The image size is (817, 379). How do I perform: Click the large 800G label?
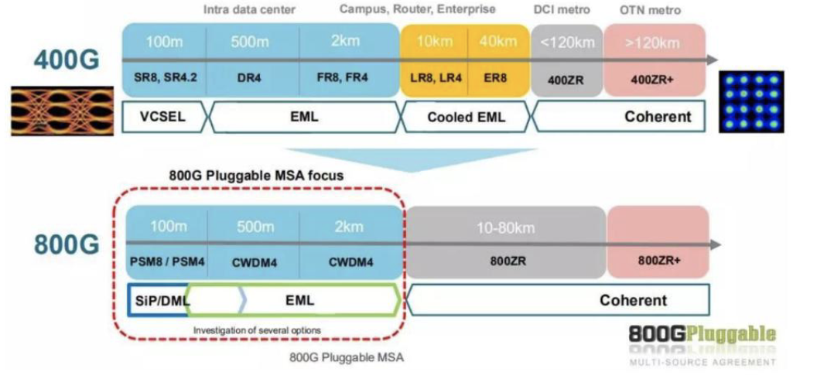(x=67, y=244)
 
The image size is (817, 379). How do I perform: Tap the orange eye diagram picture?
(x=57, y=110)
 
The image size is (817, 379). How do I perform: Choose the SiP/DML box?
(x=159, y=300)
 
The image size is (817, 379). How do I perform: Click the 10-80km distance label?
(x=506, y=228)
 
